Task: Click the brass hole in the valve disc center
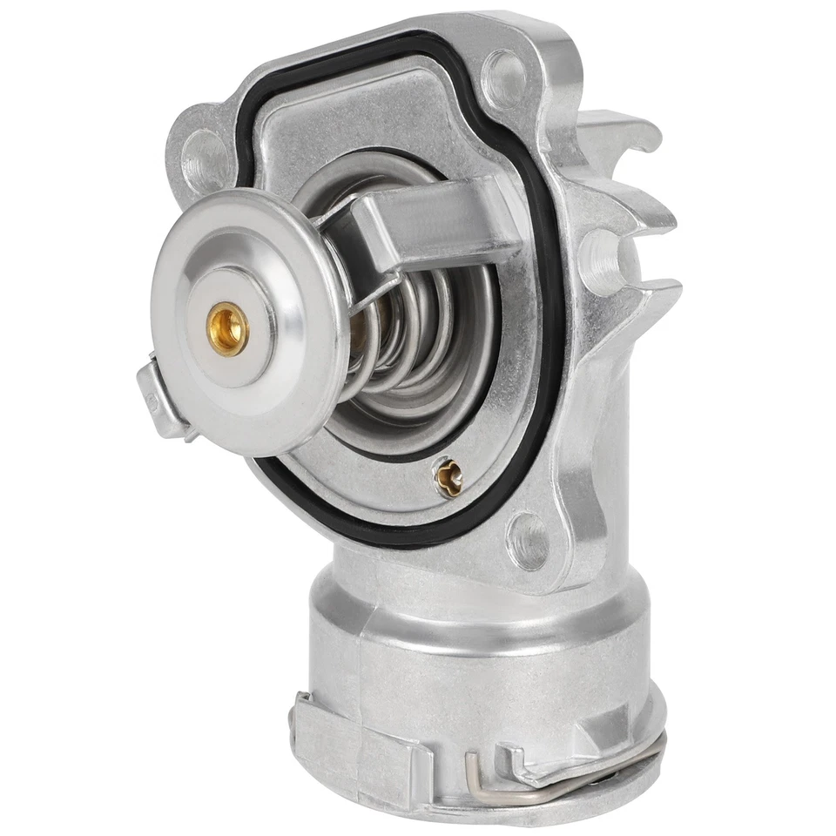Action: [x=229, y=327]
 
